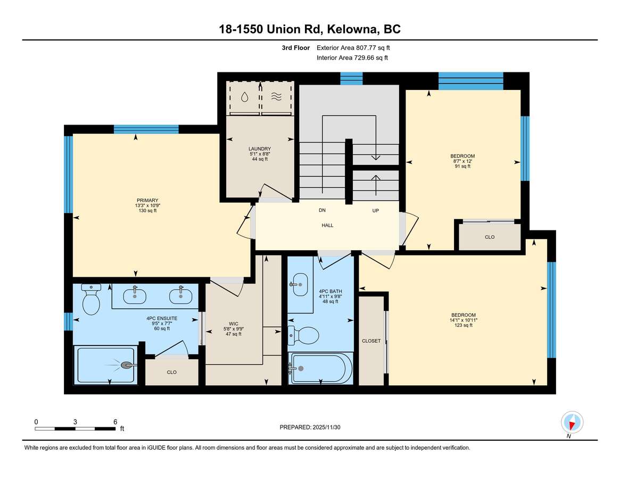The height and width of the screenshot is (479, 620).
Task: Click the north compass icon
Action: [x=572, y=423]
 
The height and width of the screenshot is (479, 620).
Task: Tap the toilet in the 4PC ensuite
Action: [x=92, y=299]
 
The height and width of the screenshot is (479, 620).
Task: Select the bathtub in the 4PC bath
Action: [x=320, y=368]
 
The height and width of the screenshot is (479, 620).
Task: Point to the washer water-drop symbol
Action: [x=244, y=97]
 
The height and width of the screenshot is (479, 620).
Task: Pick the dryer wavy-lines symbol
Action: [x=276, y=96]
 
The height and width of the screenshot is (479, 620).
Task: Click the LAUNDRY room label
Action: [x=260, y=148]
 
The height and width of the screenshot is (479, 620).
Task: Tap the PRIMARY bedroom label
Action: [x=147, y=200]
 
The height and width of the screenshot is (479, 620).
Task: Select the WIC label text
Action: [x=234, y=324]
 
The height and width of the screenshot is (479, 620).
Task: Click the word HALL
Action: [x=327, y=225]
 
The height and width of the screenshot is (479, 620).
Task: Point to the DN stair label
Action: [x=323, y=210]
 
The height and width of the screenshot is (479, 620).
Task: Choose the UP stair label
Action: [x=376, y=210]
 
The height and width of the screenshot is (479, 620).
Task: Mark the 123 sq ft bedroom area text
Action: [x=464, y=325]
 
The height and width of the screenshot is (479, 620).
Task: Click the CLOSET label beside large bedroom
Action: [x=371, y=341]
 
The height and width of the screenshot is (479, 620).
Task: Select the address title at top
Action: [x=310, y=29]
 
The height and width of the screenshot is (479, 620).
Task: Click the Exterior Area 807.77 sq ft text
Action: [x=353, y=47]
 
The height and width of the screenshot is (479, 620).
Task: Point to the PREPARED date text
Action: [x=310, y=427]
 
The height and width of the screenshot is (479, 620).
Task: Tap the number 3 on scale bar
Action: [x=75, y=422]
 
